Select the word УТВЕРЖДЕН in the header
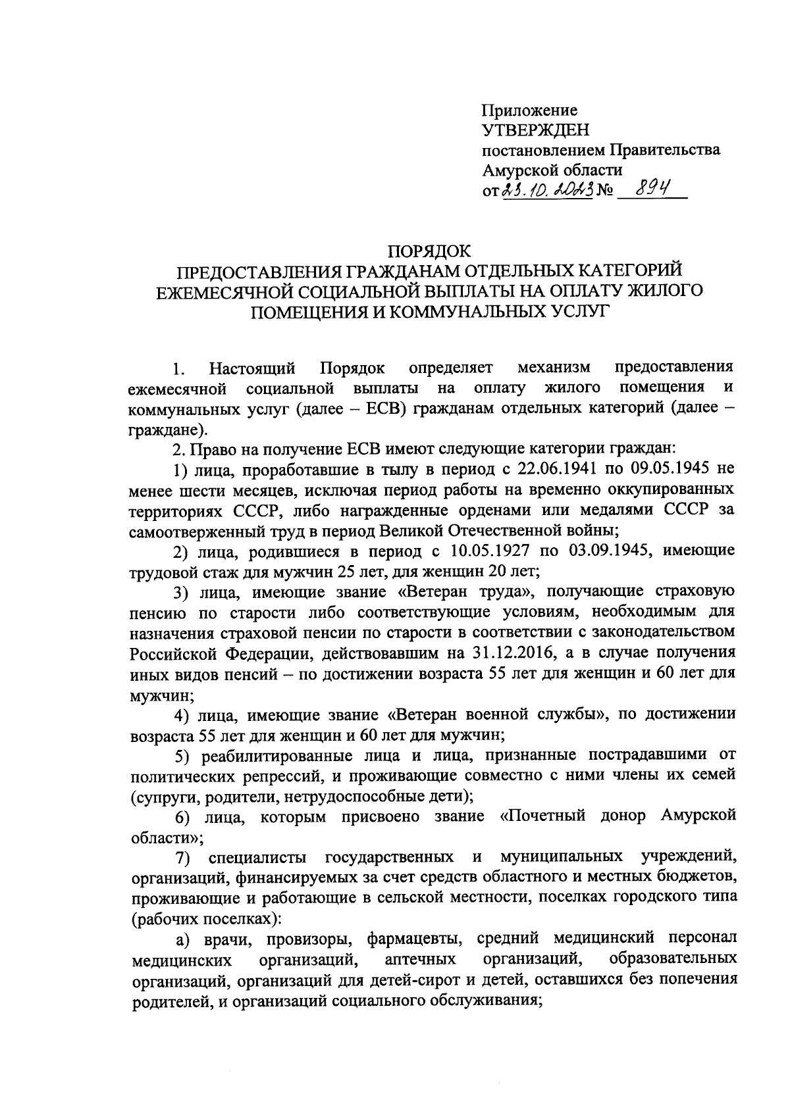point(536,130)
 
